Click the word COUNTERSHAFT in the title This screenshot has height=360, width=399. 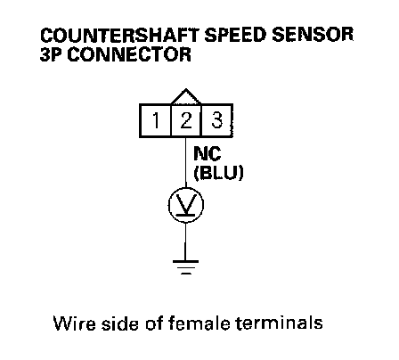tap(119, 35)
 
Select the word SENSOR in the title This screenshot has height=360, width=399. tap(313, 35)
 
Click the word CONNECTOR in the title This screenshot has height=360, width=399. tap(129, 54)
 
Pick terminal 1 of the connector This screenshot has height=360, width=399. tap(155, 120)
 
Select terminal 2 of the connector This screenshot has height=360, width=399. tap(186, 120)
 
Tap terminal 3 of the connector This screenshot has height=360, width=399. tap(216, 120)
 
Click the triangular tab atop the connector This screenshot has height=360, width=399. tap(186, 97)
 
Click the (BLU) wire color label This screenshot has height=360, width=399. tap(219, 173)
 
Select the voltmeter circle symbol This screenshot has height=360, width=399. tap(186, 205)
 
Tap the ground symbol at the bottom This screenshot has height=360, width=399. tap(186, 267)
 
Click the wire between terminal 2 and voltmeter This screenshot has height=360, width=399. tap(186, 162)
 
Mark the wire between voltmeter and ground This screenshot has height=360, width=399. tap(186, 241)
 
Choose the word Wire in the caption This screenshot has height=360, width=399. tap(75, 323)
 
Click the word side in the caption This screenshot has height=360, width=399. tap(120, 323)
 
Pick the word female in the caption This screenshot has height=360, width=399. tap(199, 323)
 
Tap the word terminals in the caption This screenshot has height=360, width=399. tap(279, 323)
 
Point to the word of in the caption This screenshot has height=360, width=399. tap(153, 323)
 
